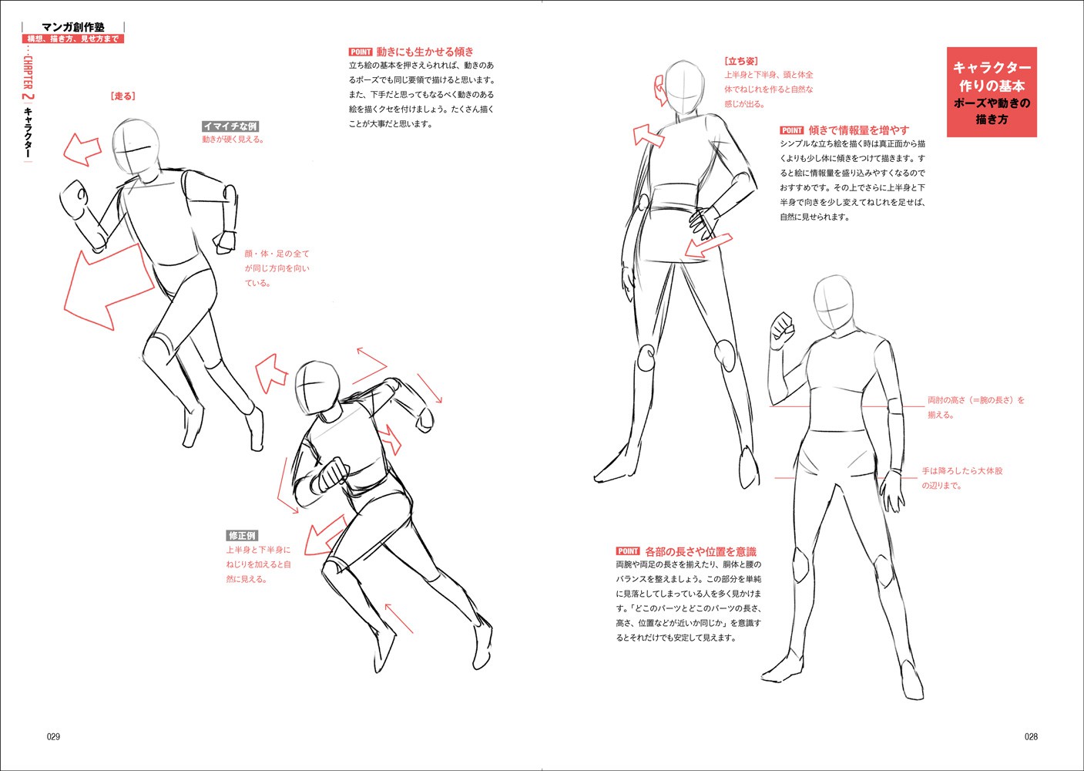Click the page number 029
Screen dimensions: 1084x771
(53, 736)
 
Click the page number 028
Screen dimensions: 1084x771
(1032, 736)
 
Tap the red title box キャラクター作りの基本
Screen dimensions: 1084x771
(992, 92)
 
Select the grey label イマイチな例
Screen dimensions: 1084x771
(230, 126)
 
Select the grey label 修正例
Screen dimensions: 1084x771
(242, 536)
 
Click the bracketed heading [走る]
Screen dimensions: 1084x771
(123, 96)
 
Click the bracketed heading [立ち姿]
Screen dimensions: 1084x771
(741, 61)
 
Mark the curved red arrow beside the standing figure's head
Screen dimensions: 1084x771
(658, 90)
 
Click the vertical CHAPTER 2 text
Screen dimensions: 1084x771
(28, 79)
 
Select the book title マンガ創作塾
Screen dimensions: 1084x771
(73, 28)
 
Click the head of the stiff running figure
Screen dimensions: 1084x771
(136, 146)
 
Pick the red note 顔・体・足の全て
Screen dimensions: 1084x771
(277, 254)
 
